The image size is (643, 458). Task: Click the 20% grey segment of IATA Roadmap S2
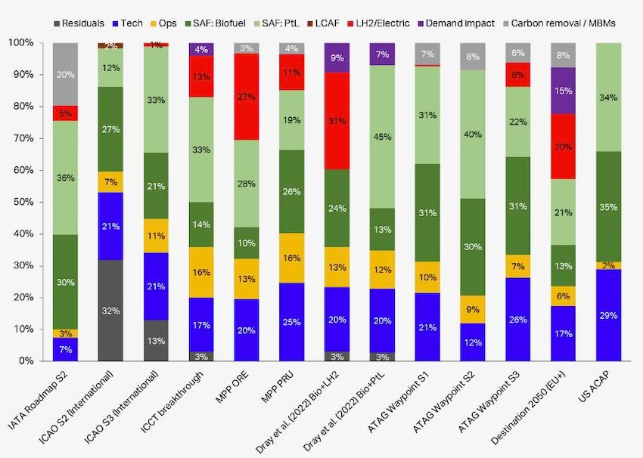[x=65, y=74]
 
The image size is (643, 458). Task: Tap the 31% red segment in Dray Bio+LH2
[x=337, y=121]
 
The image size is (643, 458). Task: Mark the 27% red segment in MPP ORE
[x=247, y=96]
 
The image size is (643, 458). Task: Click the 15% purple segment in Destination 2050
[x=564, y=91]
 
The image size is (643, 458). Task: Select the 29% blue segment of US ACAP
[x=610, y=314]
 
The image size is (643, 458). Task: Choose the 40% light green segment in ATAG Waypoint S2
[x=474, y=135]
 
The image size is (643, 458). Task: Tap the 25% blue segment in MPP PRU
[x=292, y=321]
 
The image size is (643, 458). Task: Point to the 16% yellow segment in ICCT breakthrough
[x=201, y=272]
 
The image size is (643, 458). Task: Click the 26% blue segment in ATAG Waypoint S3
[x=519, y=319]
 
